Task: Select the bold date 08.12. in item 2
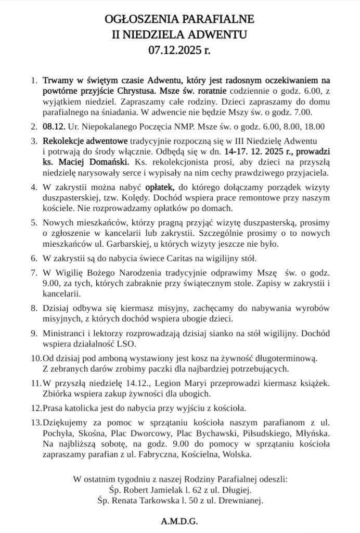click(53, 125)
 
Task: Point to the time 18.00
click(315, 125)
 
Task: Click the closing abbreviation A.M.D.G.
click(179, 521)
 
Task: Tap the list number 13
click(36, 419)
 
